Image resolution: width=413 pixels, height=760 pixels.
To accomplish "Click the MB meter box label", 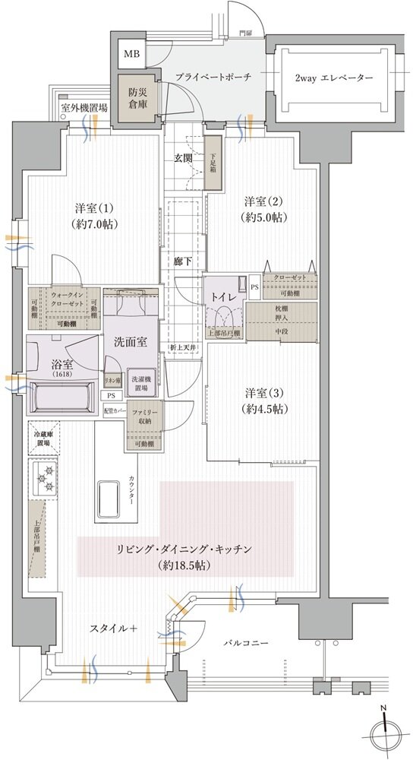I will point(131,54).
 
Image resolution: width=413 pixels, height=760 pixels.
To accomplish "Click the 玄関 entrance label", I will point(183,158).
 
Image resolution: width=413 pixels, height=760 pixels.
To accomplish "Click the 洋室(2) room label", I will point(263,208).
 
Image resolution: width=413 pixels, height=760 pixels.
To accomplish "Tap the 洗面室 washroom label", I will point(130,342).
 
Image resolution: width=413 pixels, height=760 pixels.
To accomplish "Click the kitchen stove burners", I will point(43,478).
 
